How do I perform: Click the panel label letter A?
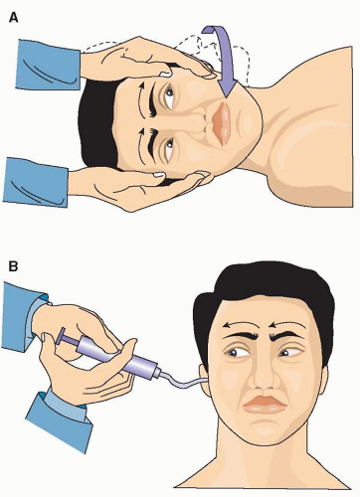click(x=13, y=17)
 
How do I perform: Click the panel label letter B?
click(x=13, y=266)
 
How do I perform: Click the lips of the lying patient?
click(x=221, y=123)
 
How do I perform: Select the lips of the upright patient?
click(x=265, y=405)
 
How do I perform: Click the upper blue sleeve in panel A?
click(x=48, y=66)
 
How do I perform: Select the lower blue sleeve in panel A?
click(x=36, y=182)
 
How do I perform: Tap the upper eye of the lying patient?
click(x=169, y=94)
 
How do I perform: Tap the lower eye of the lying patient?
click(x=168, y=148)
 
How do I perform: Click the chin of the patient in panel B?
click(x=266, y=432)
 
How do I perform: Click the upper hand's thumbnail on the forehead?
click(x=166, y=75)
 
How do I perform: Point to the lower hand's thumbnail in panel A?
click(x=159, y=174)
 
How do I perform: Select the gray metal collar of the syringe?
click(x=154, y=371)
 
